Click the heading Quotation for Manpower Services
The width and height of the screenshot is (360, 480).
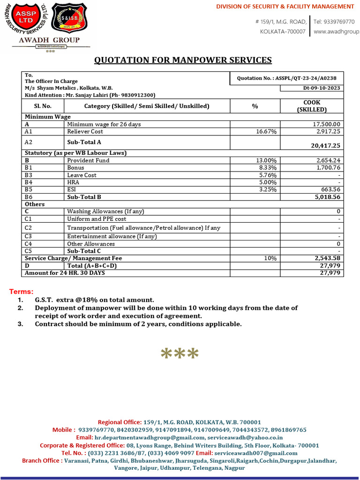coord(183,60)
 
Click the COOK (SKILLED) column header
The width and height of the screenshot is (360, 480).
coord(312,106)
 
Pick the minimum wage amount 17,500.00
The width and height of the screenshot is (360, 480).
coord(327,124)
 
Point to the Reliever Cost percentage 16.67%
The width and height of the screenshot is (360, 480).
coord(266,132)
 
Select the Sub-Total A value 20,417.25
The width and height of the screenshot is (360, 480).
coord(325,146)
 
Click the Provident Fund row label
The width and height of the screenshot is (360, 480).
coord(88,160)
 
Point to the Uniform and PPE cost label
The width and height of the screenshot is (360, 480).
coord(97,219)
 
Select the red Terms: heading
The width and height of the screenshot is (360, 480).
coord(22,292)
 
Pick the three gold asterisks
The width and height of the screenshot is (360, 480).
coord(180,354)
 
